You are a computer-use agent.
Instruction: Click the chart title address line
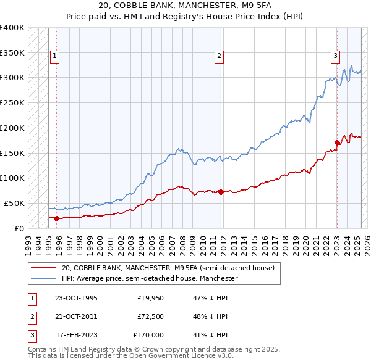185,6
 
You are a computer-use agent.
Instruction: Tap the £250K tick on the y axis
12,102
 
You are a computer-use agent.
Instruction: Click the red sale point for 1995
56,218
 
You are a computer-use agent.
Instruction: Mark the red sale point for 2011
221,192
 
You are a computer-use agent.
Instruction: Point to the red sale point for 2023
337,143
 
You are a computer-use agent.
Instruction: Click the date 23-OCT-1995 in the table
76,298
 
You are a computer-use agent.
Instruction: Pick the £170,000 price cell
148,335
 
